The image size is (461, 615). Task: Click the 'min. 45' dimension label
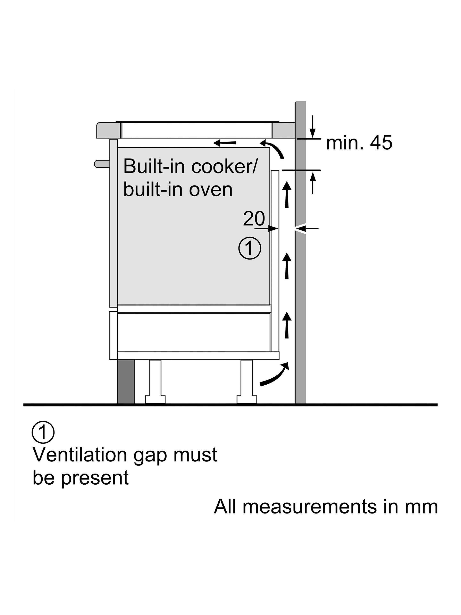(359, 143)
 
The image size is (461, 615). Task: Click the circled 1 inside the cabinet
(250, 248)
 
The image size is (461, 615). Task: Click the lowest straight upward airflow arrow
(287, 325)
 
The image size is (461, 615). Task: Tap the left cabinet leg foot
(155, 400)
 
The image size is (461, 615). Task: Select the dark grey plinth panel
(126, 382)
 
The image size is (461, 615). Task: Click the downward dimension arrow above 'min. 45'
(313, 126)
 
